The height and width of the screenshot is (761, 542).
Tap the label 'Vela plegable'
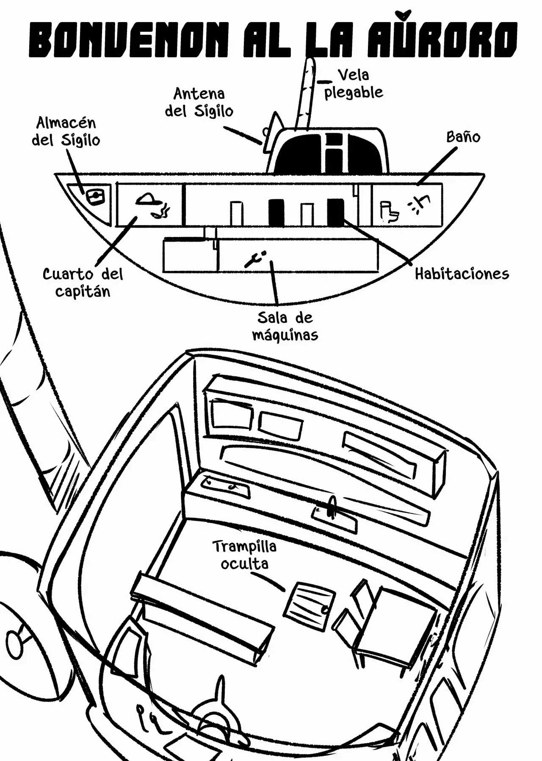click(354, 84)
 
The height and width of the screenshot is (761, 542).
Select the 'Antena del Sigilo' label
click(199, 102)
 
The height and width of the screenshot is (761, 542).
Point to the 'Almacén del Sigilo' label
click(66, 131)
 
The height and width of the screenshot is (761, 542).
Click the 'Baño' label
click(463, 137)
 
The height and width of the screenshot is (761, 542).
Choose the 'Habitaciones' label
click(462, 274)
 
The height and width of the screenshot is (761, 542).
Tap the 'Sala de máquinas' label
click(285, 326)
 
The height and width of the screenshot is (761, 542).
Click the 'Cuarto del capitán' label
click(83, 282)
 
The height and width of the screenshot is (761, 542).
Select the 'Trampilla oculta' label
click(244, 555)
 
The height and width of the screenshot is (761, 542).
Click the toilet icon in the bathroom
click(389, 212)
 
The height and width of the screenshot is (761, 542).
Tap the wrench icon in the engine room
click(255, 258)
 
